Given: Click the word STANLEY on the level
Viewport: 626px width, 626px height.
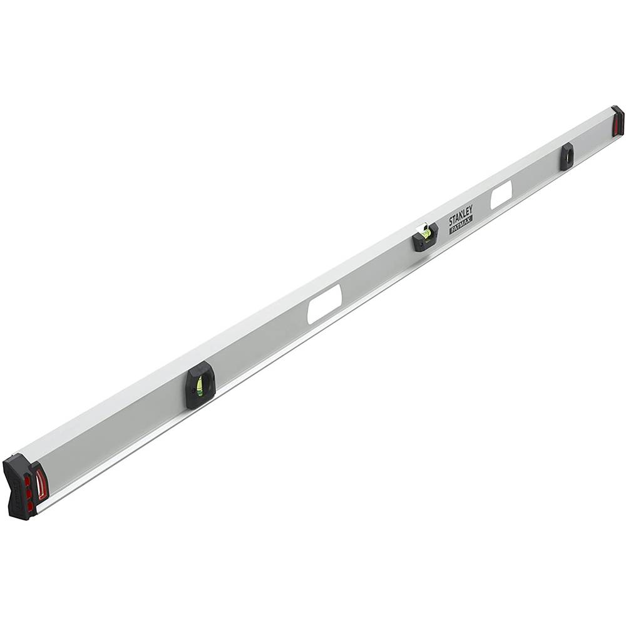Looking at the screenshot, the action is pyautogui.click(x=461, y=215).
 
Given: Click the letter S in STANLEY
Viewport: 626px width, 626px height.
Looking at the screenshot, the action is pyautogui.click(x=451, y=222).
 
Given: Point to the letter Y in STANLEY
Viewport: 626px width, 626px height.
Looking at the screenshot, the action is pyautogui.click(x=470, y=209).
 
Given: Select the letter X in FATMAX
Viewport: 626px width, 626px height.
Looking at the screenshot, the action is pyautogui.click(x=469, y=219).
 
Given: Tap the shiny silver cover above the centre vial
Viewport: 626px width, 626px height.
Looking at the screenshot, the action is pyautogui.click(x=422, y=225).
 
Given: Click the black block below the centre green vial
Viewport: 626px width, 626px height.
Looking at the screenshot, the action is pyautogui.click(x=426, y=239).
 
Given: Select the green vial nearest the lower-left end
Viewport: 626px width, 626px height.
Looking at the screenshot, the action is pyautogui.click(x=200, y=387).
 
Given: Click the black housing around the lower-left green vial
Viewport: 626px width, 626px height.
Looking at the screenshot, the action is pyautogui.click(x=201, y=385).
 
